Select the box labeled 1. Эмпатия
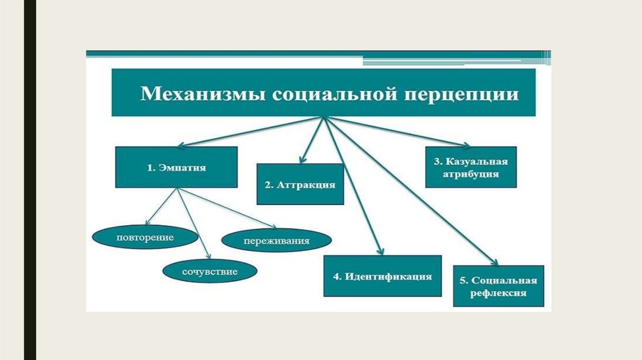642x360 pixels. pyautogui.click(x=176, y=167)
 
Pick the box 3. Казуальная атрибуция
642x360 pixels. pyautogui.click(x=471, y=167)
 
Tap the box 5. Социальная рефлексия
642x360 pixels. pyautogui.click(x=498, y=285)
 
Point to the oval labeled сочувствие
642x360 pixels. pyautogui.click(x=201, y=272)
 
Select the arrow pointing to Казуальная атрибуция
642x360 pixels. pyautogui.click(x=401, y=132)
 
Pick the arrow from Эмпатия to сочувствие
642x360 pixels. pyautogui.click(x=191, y=223)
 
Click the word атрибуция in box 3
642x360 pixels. pyautogui.click(x=471, y=174)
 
